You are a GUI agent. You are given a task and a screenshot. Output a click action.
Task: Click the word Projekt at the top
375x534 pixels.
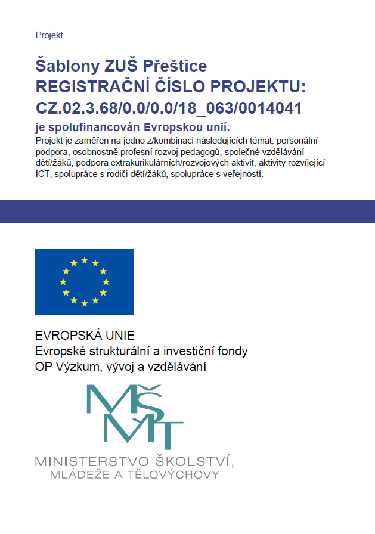[x=49, y=35]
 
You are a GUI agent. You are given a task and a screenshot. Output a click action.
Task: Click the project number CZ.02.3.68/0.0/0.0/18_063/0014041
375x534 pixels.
[x=169, y=108]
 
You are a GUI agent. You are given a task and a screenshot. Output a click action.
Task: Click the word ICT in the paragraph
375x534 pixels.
[x=43, y=175]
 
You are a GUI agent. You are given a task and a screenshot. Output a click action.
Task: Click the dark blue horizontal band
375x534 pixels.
[x=187, y=212]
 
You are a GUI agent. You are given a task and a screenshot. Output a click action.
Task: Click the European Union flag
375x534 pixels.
[x=85, y=282]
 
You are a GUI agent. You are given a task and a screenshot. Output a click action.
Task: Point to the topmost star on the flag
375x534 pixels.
[x=85, y=260]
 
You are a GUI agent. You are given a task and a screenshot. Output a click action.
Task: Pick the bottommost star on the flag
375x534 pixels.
[x=85, y=303]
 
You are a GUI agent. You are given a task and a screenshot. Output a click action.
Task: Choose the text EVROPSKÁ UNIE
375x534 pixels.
[x=85, y=335]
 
